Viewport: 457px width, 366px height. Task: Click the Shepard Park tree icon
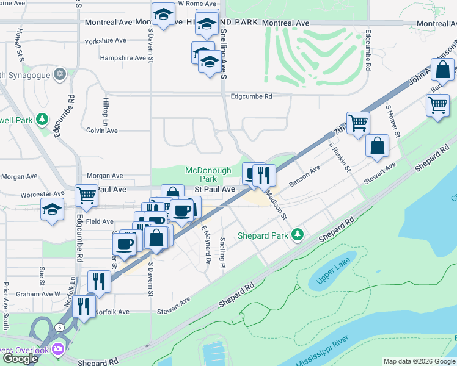[298, 234]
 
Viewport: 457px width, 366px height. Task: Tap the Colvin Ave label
[101, 130]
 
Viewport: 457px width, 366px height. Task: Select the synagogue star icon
[59, 74]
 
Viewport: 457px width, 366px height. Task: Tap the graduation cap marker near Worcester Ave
[53, 208]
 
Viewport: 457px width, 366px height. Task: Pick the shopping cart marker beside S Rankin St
[357, 122]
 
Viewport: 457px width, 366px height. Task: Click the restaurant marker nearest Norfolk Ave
[84, 305]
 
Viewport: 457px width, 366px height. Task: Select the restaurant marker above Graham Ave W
[99, 281]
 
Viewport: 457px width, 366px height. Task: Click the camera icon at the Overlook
[58, 350]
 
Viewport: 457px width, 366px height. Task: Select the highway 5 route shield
[59, 327]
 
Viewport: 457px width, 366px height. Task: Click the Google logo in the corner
[20, 359]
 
